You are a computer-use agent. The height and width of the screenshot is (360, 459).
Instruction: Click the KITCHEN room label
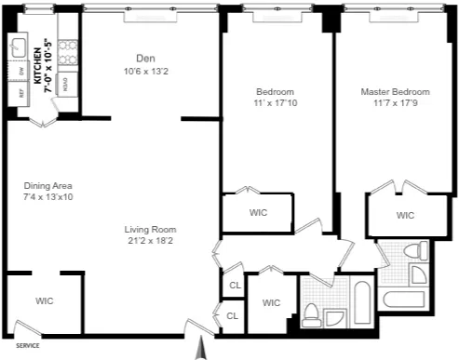[x=38, y=65]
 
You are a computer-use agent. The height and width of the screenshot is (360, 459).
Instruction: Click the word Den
[x=143, y=57]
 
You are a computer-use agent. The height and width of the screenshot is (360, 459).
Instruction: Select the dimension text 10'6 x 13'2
[x=143, y=71]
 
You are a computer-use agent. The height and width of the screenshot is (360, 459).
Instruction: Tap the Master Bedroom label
[x=396, y=92]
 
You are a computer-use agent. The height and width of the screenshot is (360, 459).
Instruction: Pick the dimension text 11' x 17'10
[x=276, y=104]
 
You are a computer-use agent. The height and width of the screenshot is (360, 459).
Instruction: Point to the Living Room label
[x=151, y=229]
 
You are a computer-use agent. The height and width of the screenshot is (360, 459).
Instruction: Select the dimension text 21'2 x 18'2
[x=151, y=241]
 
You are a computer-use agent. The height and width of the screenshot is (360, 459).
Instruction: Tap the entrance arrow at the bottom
[x=197, y=350]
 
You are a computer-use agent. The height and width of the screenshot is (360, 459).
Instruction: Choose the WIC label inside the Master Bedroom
[x=405, y=215]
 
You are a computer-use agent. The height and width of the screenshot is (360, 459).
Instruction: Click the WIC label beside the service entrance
[x=44, y=300]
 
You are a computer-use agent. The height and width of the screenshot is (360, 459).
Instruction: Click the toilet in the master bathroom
[x=419, y=271]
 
